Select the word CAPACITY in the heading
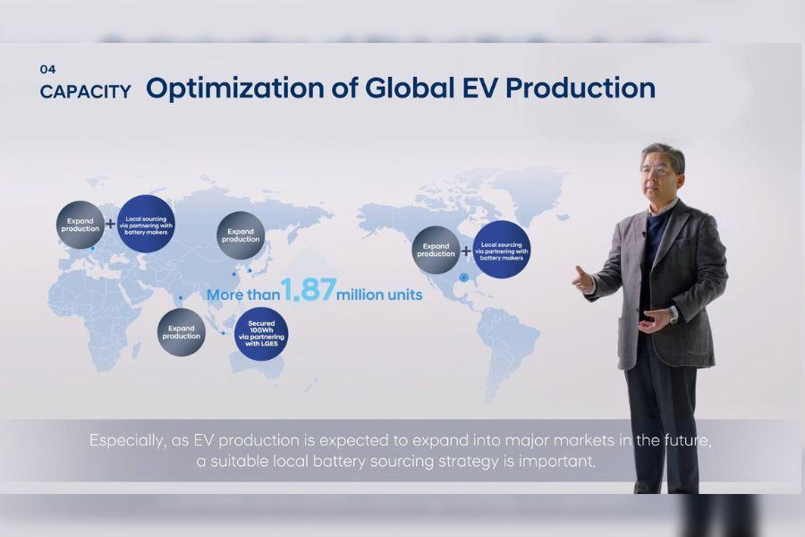[85, 91]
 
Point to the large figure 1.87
[309, 290]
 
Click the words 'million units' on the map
[379, 294]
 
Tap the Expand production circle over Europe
[80, 224]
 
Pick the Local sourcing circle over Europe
[145, 223]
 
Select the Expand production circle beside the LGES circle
[182, 332]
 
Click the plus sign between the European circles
[110, 224]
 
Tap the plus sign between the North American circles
[466, 251]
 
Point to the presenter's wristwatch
[673, 314]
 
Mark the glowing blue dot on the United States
[463, 277]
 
